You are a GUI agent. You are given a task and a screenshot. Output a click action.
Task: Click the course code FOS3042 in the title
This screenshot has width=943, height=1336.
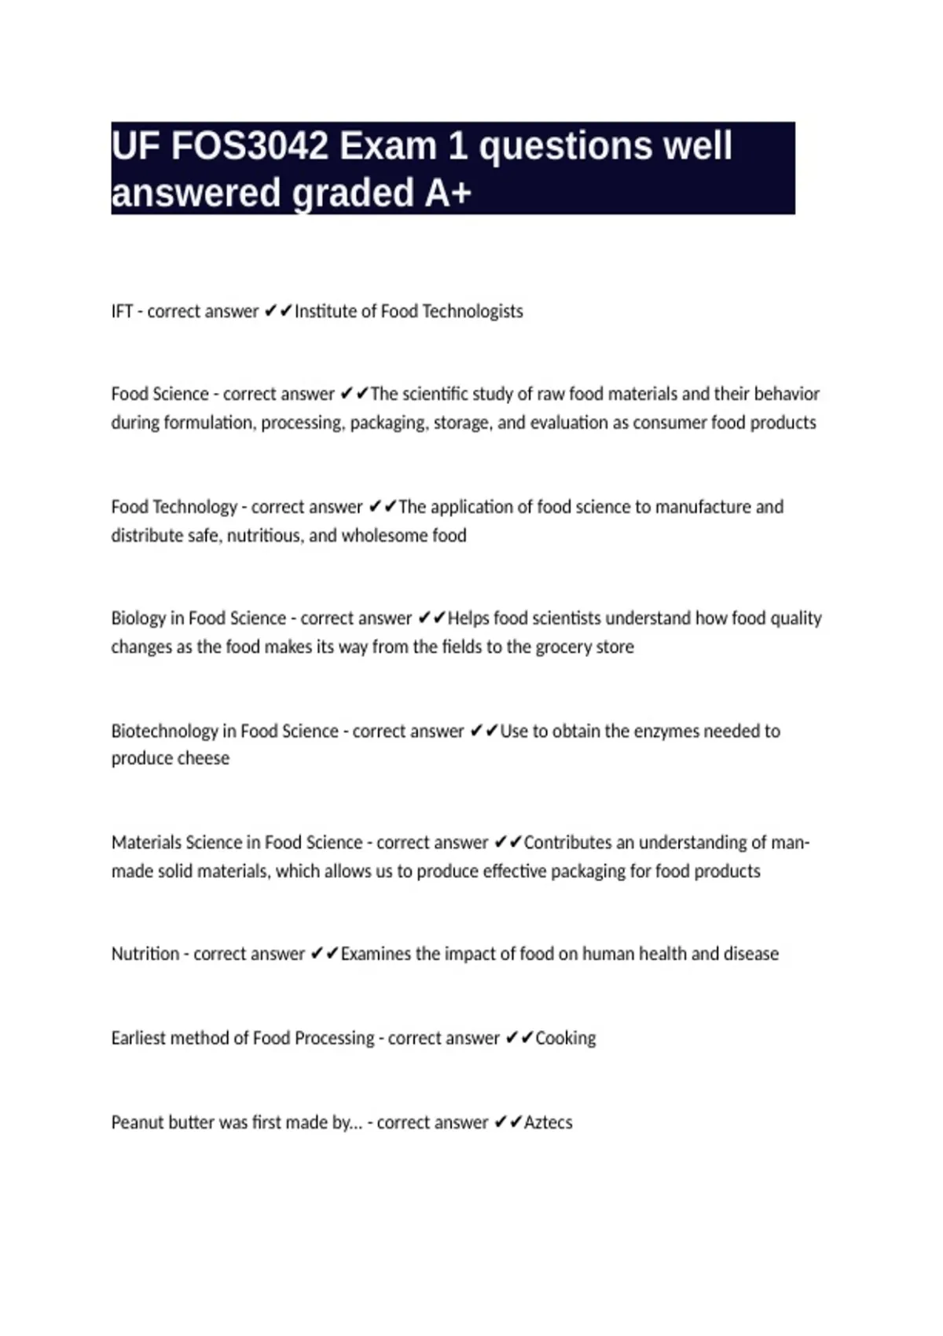249,146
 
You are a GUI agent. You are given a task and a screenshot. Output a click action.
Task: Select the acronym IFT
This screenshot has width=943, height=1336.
122,311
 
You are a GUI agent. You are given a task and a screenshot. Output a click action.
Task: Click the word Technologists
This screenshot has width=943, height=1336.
472,311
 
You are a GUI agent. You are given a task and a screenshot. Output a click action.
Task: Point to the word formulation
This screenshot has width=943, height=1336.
208,423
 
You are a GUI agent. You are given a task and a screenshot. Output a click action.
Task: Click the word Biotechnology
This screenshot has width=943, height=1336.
164,731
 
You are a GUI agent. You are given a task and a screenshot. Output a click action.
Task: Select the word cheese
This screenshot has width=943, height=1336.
203,758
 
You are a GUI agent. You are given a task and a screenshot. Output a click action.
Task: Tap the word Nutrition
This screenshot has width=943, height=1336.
145,954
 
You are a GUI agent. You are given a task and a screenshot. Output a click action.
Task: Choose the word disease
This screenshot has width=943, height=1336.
750,954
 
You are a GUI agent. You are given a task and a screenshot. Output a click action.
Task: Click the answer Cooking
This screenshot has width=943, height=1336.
566,1038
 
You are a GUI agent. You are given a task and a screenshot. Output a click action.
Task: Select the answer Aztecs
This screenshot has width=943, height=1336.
549,1122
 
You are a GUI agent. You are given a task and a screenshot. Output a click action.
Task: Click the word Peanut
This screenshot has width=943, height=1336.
134,1122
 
